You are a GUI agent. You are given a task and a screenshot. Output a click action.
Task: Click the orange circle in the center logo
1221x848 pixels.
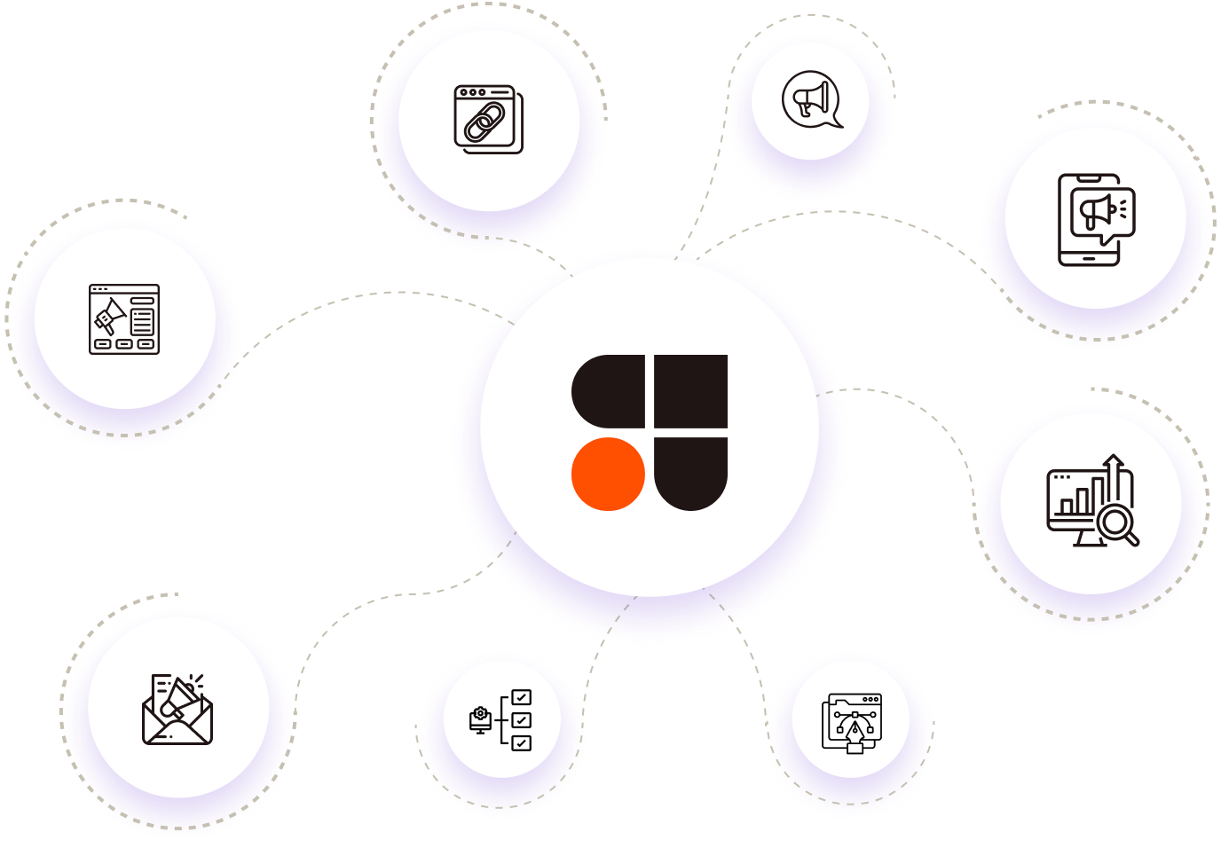(x=608, y=474)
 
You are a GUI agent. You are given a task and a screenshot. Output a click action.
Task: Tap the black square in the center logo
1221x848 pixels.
(x=691, y=391)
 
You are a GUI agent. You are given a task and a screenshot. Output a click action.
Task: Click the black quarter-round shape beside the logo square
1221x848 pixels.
(x=610, y=391)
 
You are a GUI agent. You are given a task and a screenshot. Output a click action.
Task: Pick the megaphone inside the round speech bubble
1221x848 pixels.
(x=812, y=98)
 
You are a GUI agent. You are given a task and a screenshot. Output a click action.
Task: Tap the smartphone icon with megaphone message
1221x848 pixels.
(x=1091, y=219)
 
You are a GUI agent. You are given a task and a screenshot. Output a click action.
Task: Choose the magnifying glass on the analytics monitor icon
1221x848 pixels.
(x=1117, y=523)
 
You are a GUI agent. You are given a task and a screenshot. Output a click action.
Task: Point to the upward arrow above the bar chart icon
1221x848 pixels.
(x=1115, y=465)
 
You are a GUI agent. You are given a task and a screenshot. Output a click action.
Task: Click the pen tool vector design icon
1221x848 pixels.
(x=853, y=723)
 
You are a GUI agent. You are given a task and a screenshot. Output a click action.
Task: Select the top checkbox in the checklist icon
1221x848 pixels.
(x=522, y=697)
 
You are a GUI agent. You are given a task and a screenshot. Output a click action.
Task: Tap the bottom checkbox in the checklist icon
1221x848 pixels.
(x=522, y=742)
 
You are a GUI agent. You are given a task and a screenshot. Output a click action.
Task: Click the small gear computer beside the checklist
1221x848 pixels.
(x=480, y=719)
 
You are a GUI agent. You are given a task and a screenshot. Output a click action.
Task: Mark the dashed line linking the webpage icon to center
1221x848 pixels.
(x=373, y=294)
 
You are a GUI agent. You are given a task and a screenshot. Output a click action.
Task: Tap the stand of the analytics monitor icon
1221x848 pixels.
(x=1089, y=538)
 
